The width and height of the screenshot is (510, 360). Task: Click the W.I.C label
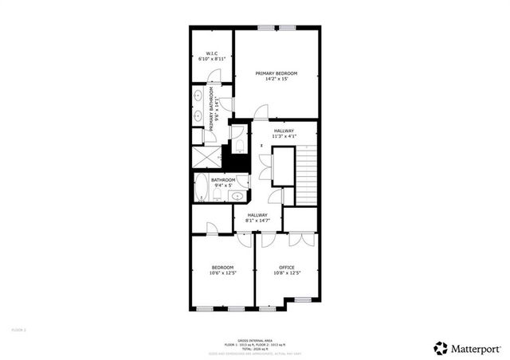(x=211, y=53)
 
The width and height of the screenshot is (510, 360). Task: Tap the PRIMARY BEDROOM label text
(x=276, y=73)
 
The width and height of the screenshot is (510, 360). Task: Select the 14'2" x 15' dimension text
(x=276, y=80)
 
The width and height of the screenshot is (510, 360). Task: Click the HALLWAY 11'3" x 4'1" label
(x=284, y=133)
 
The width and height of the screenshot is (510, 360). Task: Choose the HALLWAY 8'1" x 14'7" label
(x=257, y=217)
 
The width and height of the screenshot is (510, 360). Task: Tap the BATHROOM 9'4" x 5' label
(x=223, y=182)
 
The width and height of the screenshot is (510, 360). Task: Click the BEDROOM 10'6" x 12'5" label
(x=222, y=269)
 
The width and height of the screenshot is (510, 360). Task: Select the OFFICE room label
(x=287, y=267)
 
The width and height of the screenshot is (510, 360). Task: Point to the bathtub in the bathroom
(x=201, y=190)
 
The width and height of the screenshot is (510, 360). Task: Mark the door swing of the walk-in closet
(x=212, y=77)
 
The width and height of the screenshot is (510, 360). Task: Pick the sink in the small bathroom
(x=236, y=196)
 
